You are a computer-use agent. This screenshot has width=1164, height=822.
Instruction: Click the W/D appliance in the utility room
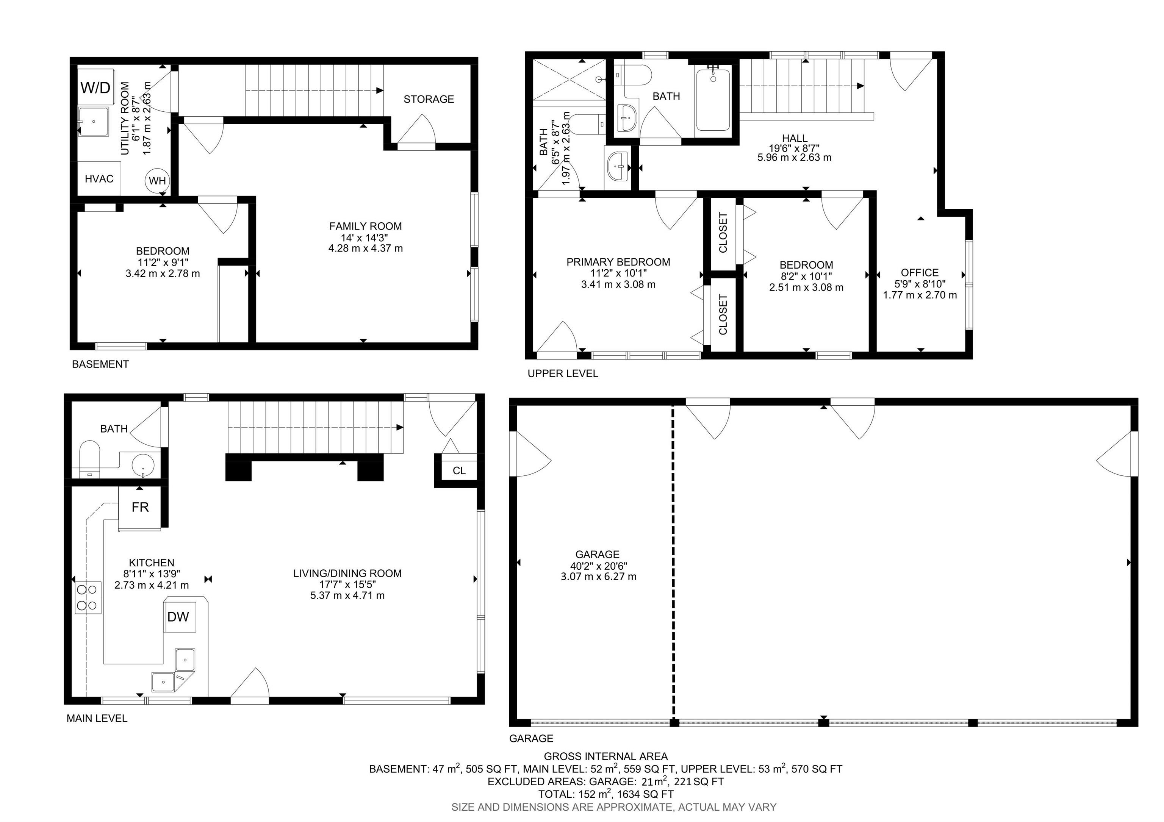pos(96,87)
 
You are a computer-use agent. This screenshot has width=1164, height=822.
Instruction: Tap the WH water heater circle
pos(157,180)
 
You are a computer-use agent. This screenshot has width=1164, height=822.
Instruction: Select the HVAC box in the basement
pos(99,179)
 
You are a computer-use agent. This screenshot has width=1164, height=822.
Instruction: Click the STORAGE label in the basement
pos(429,99)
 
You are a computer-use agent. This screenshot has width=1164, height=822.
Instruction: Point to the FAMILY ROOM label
pos(365,227)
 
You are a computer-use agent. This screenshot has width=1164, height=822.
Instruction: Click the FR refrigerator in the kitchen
pos(140,507)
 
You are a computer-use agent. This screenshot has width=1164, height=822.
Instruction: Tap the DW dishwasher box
pos(178,617)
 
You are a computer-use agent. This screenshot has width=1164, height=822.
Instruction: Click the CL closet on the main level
pos(459,471)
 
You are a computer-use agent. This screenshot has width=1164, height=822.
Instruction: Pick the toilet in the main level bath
pos(90,458)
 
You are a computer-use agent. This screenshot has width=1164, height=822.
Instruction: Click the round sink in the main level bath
pos(142,464)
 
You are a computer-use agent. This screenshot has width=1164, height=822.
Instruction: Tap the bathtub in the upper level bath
pos(713,100)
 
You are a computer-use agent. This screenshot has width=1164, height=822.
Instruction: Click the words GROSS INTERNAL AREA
pos(605,756)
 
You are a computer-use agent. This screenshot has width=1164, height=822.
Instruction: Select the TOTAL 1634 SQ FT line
pos(605,794)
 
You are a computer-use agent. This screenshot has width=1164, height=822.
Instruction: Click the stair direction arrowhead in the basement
pos(380,91)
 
